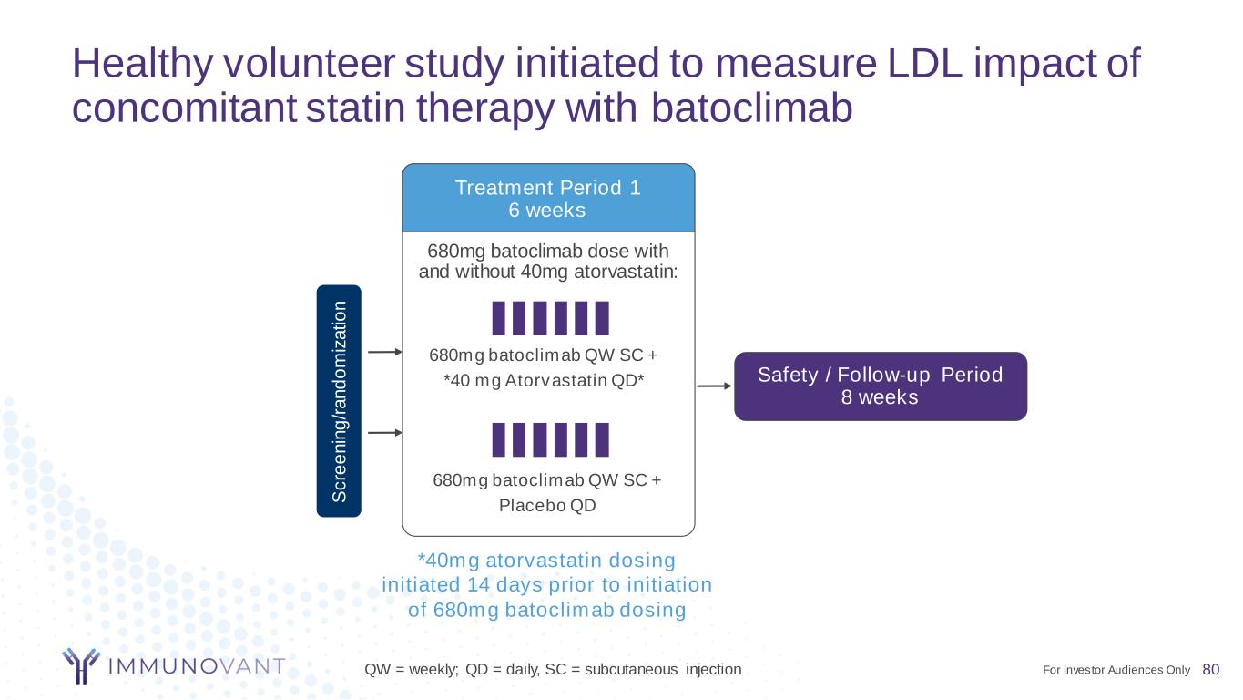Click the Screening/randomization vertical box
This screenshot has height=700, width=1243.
pos(339,400)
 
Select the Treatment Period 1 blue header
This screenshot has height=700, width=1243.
pos(548,198)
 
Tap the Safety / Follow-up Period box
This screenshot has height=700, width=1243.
pos(881,386)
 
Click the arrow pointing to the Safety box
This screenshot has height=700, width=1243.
pos(715,386)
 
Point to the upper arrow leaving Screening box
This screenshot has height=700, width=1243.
pos(385,352)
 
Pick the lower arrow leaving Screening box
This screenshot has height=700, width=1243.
pos(385,432)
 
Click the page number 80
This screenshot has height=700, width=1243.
pos(1211,669)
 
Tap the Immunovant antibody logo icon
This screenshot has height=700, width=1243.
pos(81,665)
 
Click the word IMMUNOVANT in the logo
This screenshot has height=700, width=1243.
pos(197,665)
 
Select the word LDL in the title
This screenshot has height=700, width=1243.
pos(924,63)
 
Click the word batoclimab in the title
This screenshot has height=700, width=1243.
pos(751,108)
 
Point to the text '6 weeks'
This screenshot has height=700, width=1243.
pos(547,210)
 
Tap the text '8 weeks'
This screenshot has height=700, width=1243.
pos(880,397)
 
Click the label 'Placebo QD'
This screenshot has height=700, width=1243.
pos(547,505)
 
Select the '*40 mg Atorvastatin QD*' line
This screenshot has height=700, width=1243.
pos(544,381)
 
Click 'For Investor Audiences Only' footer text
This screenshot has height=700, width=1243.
pos(1116,670)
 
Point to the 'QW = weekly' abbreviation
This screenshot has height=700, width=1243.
pos(412,669)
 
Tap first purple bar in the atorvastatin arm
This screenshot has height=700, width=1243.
pos(498,318)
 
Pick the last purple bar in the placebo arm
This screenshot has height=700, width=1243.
pos(602,439)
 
